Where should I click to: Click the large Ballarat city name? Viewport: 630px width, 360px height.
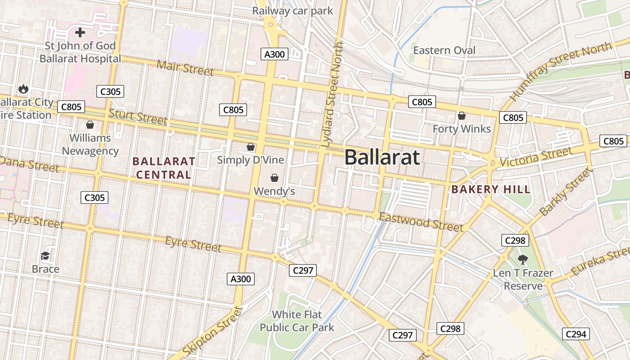click(x=382, y=157)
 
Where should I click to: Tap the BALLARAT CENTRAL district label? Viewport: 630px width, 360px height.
click(x=164, y=168)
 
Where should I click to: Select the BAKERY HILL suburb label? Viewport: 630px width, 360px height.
click(x=491, y=189)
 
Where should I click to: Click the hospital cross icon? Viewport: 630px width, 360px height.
click(x=80, y=32)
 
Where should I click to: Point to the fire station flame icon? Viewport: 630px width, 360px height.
click(x=23, y=89)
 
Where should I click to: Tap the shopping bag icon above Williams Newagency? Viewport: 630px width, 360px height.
click(x=90, y=124)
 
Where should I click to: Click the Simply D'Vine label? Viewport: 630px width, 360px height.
click(x=250, y=160)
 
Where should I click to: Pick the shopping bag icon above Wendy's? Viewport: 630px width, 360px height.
click(x=274, y=178)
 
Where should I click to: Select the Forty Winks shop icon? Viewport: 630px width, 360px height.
click(x=461, y=116)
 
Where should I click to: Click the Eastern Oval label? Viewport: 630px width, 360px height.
click(x=444, y=50)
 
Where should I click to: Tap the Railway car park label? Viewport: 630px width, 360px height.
click(x=292, y=11)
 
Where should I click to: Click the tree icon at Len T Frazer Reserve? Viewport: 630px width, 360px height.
click(x=522, y=259)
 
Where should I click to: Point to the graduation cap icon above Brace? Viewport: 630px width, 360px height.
click(x=45, y=256)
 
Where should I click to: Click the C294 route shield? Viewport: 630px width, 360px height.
click(x=576, y=334)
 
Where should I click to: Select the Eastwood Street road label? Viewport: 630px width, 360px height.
click(x=421, y=222)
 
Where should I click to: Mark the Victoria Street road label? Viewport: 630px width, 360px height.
click(x=535, y=158)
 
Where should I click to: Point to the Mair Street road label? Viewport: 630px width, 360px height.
click(x=185, y=67)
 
